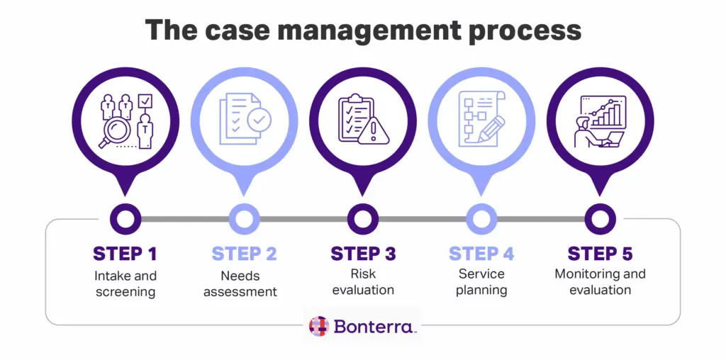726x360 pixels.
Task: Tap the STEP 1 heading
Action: click(125, 254)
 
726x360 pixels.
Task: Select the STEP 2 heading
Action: click(244, 254)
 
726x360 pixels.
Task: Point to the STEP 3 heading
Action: click(363, 254)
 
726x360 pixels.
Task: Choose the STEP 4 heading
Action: click(481, 254)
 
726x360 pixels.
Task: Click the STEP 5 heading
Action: click(600, 254)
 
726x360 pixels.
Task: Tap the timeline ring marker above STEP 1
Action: click(125, 219)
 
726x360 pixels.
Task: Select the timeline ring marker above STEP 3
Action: click(363, 219)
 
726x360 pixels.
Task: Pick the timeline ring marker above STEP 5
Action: click(601, 219)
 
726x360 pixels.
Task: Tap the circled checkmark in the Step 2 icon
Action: click(259, 120)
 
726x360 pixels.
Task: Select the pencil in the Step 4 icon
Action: click(491, 129)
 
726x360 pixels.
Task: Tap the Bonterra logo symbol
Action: click(318, 326)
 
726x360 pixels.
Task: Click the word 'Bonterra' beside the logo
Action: click(373, 327)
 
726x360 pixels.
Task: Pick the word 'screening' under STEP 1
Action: click(125, 293)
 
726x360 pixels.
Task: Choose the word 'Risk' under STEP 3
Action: click(363, 274)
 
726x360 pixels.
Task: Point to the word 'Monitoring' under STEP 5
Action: click(586, 274)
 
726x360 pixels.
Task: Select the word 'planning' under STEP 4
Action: click(481, 291)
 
